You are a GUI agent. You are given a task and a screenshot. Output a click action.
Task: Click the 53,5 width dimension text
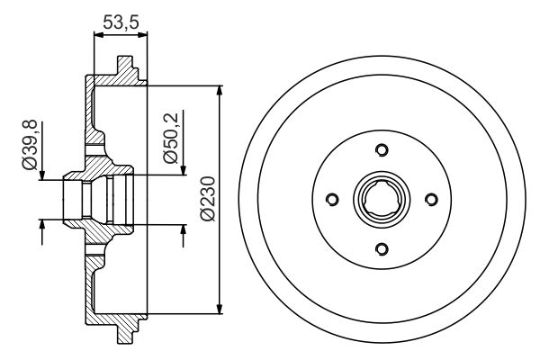121,22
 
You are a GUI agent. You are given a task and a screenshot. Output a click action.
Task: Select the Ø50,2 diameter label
168,136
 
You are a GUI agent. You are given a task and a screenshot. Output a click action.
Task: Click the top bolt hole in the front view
381,149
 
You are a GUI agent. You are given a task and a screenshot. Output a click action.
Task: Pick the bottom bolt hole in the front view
381,248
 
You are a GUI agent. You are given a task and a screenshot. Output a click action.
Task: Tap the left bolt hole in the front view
331,199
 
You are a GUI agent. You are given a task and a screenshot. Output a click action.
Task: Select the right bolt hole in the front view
430,199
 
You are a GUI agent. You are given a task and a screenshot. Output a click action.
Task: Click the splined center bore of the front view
381,199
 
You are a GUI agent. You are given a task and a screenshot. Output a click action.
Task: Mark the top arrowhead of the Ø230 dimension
220,90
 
